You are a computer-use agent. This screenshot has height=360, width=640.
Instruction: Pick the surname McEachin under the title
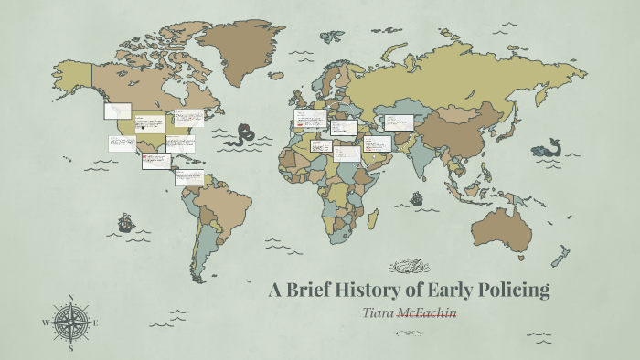(432, 314)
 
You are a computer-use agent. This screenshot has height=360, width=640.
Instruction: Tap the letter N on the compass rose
(70, 298)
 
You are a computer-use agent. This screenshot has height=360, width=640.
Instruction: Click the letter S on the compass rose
(70, 347)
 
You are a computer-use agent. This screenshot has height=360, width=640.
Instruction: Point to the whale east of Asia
(549, 148)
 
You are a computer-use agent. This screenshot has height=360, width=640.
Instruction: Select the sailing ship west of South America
(125, 222)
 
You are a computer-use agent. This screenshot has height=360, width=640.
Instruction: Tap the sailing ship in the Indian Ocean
(416, 197)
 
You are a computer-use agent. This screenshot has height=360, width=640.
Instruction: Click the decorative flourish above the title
(410, 268)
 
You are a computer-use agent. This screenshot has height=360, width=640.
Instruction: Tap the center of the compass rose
(70, 323)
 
